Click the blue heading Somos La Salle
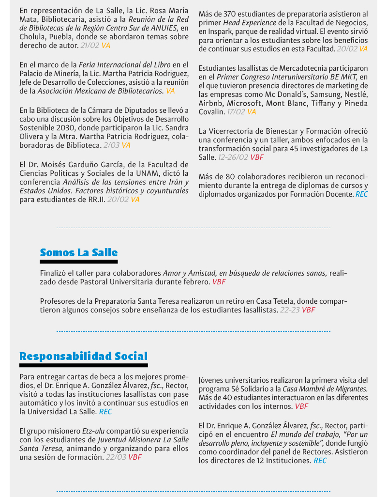click(x=79, y=252)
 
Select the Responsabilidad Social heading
click(x=83, y=356)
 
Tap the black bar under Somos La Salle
click(x=79, y=262)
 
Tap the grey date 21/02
click(x=90, y=45)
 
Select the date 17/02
click(x=236, y=112)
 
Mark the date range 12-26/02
click(x=233, y=157)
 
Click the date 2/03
click(x=111, y=145)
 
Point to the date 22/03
click(x=116, y=457)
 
